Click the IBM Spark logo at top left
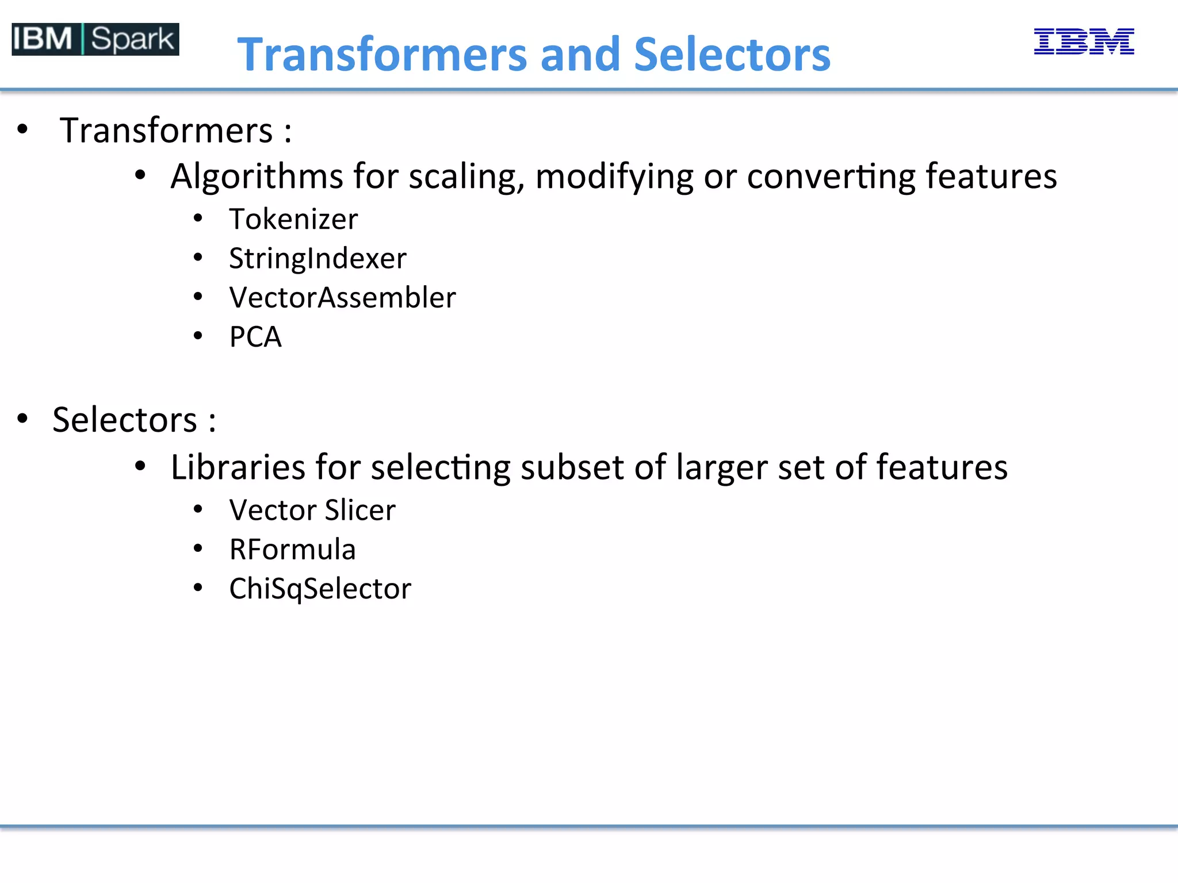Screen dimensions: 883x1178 pos(95,39)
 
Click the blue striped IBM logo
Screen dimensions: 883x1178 pos(1084,41)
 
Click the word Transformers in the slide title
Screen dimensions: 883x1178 pos(383,55)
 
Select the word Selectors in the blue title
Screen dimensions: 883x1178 pos(732,55)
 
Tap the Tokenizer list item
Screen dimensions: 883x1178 pos(293,220)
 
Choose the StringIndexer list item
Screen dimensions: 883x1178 pos(318,259)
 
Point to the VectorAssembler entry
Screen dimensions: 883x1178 pos(342,298)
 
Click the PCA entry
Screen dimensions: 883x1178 pos(255,337)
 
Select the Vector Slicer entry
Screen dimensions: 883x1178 pos(312,510)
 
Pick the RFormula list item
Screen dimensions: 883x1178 pos(292,550)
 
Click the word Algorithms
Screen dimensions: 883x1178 pos(256,176)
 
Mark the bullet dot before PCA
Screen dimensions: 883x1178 pos(198,336)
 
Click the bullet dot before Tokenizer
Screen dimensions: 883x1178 pos(198,218)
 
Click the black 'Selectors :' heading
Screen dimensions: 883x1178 pos(134,420)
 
